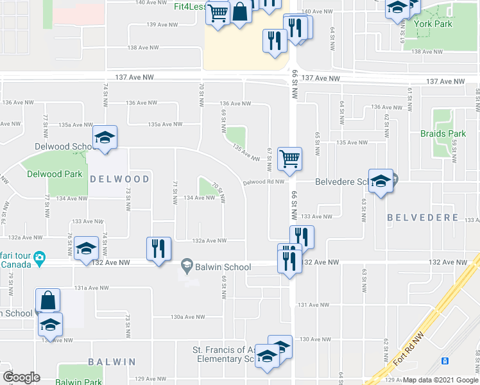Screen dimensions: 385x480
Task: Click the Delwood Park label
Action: tap(55, 174)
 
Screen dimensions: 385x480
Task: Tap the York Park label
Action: tap(433, 24)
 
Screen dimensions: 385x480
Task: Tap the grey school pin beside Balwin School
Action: tap(187, 264)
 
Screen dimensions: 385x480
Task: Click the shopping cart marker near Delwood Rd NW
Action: tap(290, 158)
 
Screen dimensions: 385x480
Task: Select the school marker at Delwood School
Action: tap(105, 137)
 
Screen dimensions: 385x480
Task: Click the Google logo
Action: tap(21, 377)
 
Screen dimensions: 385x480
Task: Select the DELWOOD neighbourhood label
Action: tap(120, 179)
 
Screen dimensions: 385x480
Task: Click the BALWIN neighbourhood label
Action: tap(112, 363)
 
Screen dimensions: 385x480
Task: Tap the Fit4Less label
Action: tap(191, 6)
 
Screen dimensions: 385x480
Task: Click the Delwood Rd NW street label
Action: tap(264, 182)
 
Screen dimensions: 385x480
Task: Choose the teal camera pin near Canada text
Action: tap(39, 259)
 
